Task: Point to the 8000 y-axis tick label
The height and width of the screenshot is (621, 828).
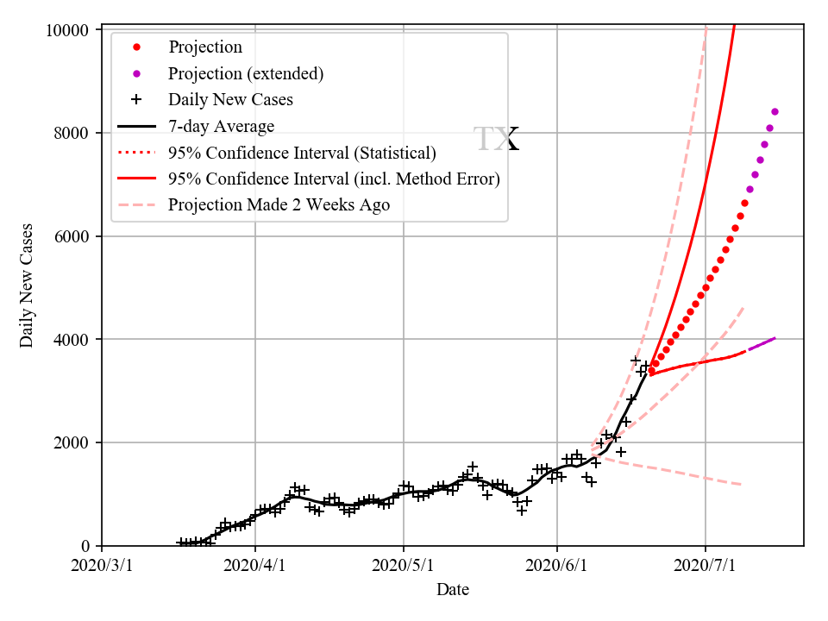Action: [x=70, y=133]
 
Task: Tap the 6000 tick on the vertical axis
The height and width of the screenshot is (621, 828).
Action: [x=70, y=236]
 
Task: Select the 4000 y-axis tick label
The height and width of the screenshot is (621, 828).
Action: [x=70, y=340]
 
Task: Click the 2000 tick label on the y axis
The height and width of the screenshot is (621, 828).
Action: [x=70, y=442]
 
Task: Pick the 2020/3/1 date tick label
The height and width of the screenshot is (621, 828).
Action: [x=102, y=566]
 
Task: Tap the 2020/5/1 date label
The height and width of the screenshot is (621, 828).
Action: [x=404, y=566]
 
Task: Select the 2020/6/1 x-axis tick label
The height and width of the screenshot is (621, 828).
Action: [x=557, y=566]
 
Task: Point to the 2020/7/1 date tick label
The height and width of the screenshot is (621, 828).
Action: [x=706, y=566]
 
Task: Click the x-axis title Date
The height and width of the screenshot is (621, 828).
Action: [x=453, y=590]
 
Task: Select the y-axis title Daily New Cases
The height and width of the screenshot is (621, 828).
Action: [x=27, y=286]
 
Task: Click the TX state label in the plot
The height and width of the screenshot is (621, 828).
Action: [x=496, y=140]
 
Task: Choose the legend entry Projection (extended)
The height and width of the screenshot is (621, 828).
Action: [x=246, y=73]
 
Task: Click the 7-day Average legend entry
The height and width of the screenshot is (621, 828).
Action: [x=221, y=127]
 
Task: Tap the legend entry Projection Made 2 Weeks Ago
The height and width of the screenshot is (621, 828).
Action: [x=279, y=205]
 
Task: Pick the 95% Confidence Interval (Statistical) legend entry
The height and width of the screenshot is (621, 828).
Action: [x=302, y=154]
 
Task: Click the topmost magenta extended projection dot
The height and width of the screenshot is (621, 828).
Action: [x=775, y=111]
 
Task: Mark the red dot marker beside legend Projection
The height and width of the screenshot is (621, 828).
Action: [x=136, y=47]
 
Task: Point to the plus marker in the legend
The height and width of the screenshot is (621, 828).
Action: [x=136, y=99]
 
